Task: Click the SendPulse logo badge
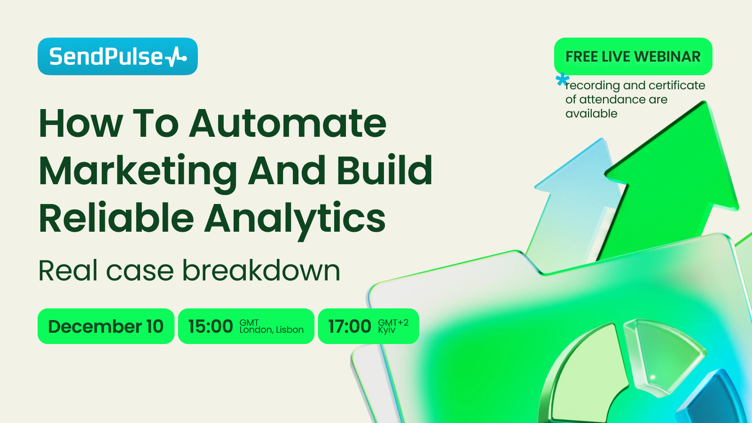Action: [117, 56]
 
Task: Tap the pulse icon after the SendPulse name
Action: [175, 57]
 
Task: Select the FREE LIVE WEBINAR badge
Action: [633, 56]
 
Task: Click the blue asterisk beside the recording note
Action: [562, 80]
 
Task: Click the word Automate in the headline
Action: [288, 123]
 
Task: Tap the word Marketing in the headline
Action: [138, 172]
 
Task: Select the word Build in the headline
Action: [384, 170]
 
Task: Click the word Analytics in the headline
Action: [295, 220]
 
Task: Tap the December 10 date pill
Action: [106, 326]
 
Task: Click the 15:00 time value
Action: [211, 326]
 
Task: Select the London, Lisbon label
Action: [272, 329]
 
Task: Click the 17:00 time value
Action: [350, 326]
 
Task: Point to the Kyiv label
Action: [386, 330]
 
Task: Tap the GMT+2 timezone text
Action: [393, 322]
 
